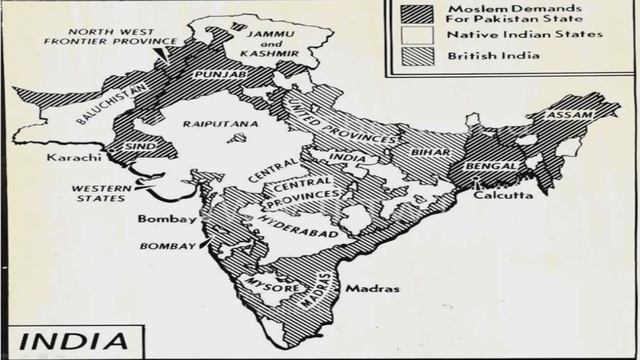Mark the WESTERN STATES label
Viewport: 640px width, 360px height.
pos(101,191)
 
